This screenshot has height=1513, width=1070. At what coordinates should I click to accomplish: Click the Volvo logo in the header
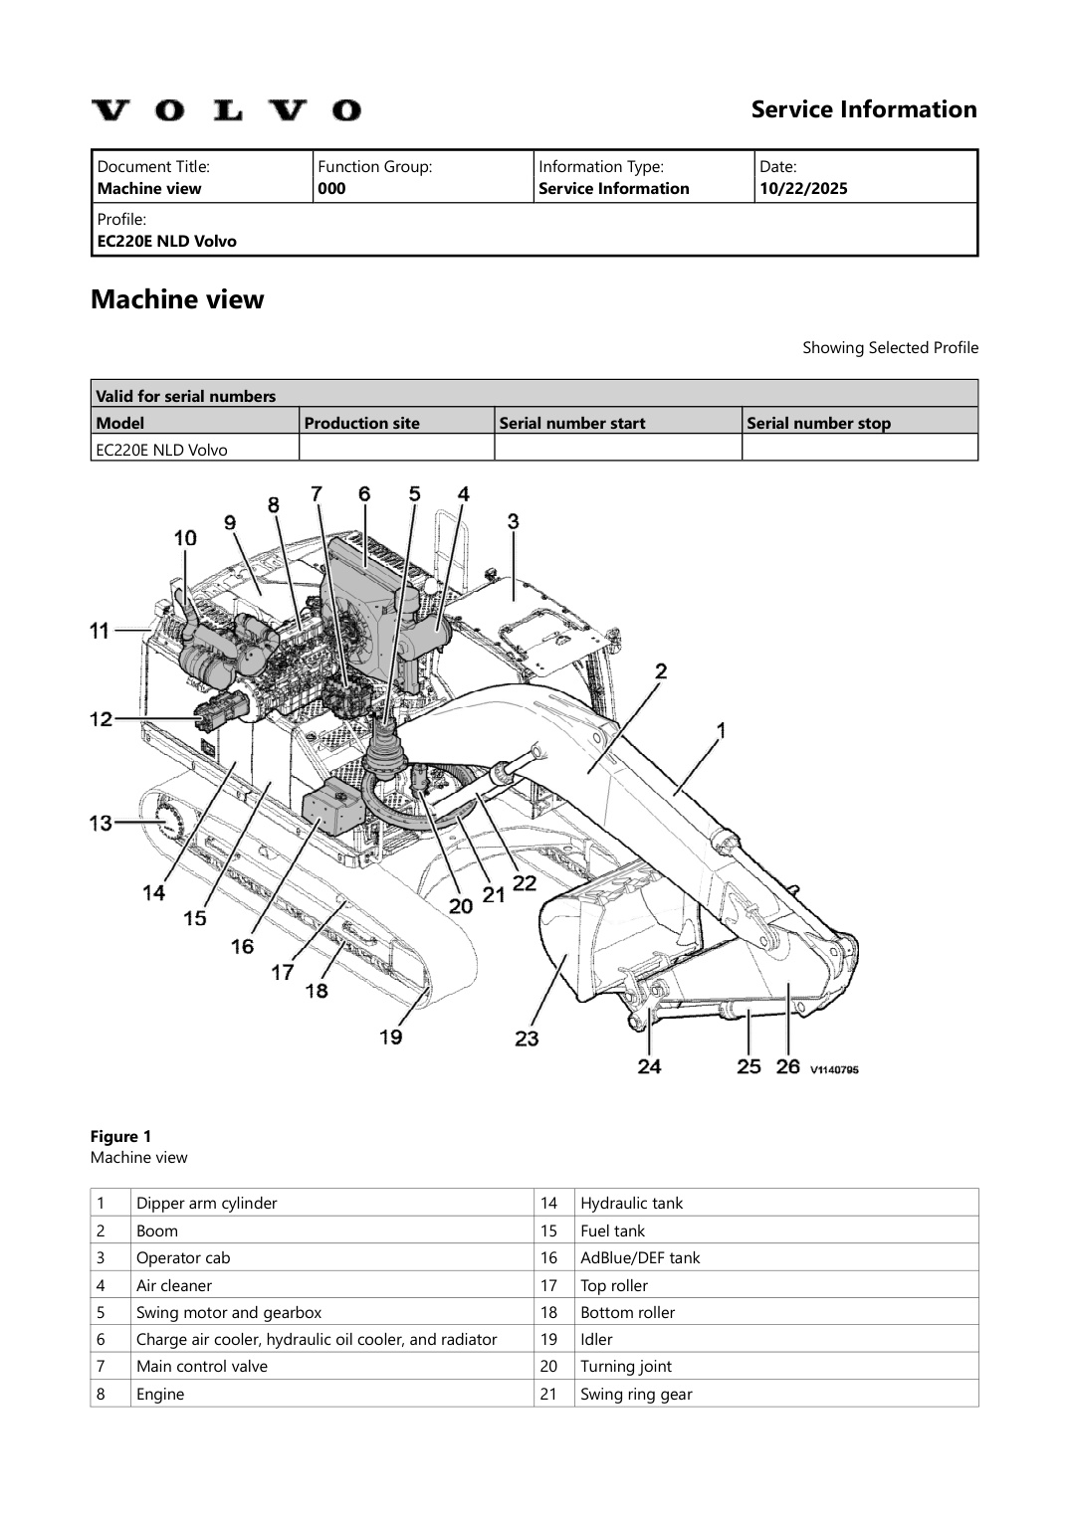click(226, 109)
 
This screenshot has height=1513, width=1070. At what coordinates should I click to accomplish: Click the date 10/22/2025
click(803, 189)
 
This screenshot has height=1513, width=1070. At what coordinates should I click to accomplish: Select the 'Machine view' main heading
click(177, 299)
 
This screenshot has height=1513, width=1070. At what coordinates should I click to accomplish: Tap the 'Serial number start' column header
click(572, 423)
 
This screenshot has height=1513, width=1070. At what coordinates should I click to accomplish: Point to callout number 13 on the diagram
click(101, 823)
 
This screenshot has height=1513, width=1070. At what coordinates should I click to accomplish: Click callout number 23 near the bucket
click(527, 1039)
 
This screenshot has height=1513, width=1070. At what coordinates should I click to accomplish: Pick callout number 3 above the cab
click(513, 520)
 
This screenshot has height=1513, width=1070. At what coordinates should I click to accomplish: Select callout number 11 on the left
click(100, 630)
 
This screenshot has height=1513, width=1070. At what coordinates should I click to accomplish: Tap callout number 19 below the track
click(390, 1037)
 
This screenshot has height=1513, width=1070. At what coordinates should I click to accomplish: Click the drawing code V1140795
click(833, 1069)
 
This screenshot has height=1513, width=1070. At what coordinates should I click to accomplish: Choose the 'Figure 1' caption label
click(120, 1136)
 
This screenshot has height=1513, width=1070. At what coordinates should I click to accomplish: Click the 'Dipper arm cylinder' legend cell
click(206, 1203)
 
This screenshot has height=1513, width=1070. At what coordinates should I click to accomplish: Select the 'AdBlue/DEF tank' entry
click(640, 1257)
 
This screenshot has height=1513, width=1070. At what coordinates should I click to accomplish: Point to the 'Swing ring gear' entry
click(636, 1394)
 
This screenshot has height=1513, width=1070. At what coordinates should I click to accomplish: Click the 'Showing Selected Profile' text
click(890, 347)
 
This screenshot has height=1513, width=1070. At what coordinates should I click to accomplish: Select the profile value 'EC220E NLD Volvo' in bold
click(166, 241)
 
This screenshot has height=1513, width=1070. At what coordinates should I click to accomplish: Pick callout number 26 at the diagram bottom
click(787, 1066)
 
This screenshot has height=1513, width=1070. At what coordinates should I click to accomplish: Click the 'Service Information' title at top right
click(863, 109)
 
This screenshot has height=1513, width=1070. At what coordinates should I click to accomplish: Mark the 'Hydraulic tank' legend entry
click(631, 1203)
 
